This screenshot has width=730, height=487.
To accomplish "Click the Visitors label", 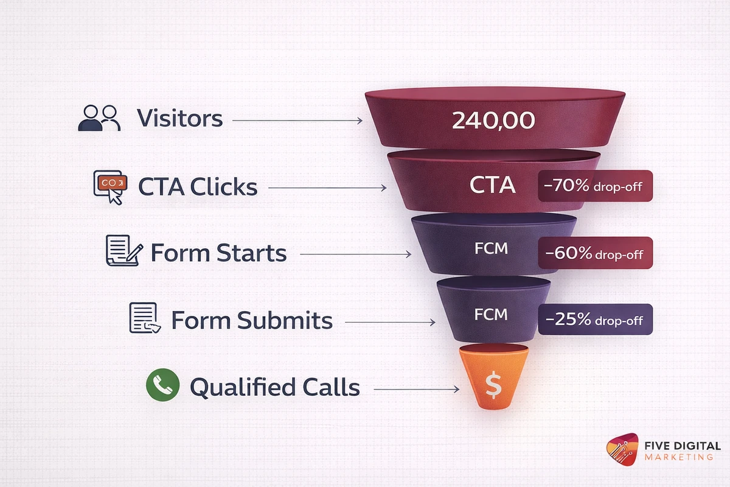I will [179, 118].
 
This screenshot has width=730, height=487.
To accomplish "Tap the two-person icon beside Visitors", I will [99, 118].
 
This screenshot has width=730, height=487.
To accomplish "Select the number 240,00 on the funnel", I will [493, 120].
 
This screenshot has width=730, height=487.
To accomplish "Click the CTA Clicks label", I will [198, 187].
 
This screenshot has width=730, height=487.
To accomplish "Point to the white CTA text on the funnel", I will [493, 184].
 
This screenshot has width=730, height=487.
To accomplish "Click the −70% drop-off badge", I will [595, 186].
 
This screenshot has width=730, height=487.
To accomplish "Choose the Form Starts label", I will [218, 253].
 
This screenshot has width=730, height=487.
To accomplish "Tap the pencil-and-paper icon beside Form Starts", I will [124, 251].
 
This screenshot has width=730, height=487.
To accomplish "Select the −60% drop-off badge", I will [595, 253].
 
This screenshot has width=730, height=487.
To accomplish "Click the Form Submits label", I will [251, 320].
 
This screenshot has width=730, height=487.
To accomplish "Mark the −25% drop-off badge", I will [595, 320].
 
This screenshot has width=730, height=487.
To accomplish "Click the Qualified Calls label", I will [274, 387].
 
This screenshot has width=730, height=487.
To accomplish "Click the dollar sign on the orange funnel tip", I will [493, 385].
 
